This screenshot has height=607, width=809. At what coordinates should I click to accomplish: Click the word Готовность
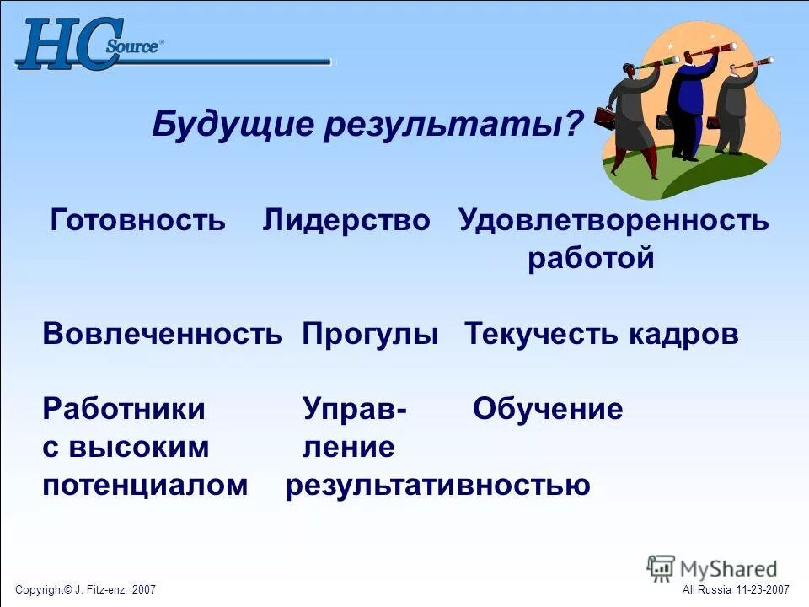point(138,221)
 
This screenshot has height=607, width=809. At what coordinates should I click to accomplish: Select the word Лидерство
point(346,221)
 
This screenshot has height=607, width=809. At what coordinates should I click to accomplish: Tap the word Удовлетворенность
point(613,221)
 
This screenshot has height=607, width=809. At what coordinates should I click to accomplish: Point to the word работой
point(591,259)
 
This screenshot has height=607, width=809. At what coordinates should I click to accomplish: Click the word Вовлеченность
point(163,335)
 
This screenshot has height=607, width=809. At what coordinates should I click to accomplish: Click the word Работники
point(124,410)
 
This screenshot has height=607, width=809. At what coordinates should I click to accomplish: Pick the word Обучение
point(548,410)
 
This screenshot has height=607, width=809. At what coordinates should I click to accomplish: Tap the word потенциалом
point(146,486)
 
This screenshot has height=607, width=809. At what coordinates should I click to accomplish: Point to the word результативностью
point(437,486)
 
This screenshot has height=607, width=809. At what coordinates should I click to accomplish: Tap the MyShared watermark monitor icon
point(662,568)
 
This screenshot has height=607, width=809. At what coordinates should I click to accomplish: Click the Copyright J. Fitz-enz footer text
point(85,589)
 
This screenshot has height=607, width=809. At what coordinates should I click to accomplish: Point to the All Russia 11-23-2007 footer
point(735,589)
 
